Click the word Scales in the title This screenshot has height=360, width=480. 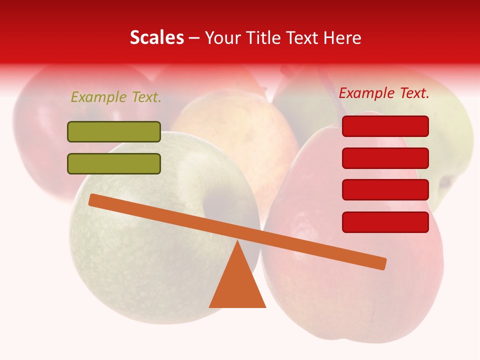click(157, 38)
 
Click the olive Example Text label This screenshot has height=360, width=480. click(116, 97)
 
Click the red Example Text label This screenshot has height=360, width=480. click(384, 93)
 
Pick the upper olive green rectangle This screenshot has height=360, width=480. click(114, 131)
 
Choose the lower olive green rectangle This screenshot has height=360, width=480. click(114, 163)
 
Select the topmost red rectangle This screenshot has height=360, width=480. click(385, 126)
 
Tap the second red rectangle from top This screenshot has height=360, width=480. click(385, 158)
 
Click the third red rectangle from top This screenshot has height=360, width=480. click(385, 189)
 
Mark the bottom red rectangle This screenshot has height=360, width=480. click(385, 222)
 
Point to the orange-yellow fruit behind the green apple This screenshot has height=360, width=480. click(235, 130)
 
